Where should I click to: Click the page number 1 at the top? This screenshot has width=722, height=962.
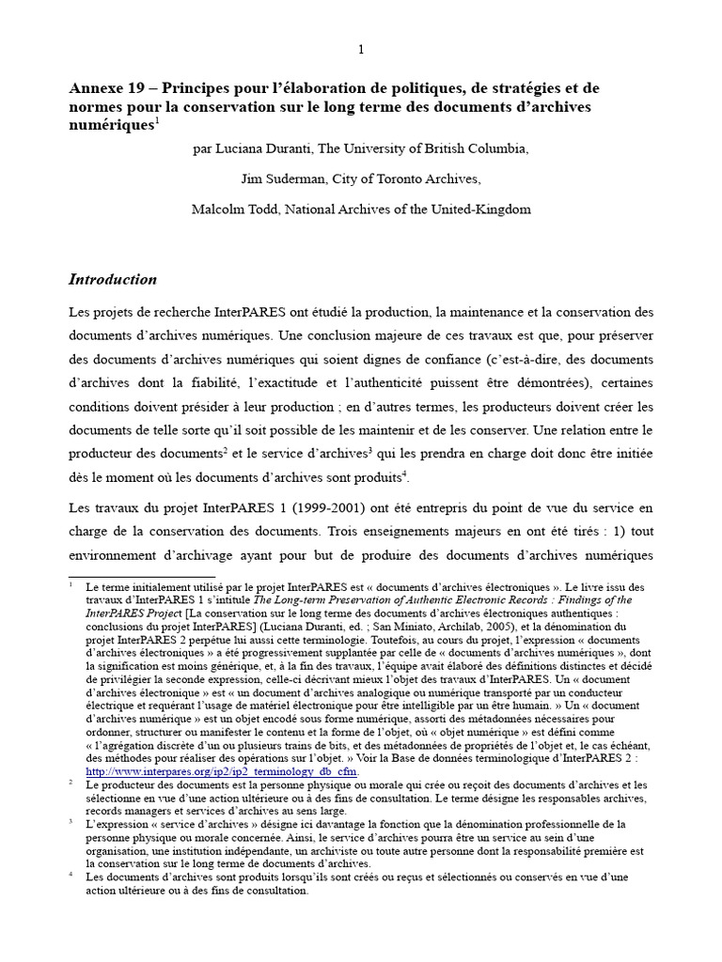(360, 49)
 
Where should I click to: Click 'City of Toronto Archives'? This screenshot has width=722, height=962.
(409, 178)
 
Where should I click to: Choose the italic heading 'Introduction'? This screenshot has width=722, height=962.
(113, 279)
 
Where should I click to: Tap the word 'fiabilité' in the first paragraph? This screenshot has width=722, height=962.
(252, 383)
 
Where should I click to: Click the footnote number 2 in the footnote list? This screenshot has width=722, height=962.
(71, 784)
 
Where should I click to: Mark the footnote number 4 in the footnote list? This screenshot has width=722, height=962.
(71, 876)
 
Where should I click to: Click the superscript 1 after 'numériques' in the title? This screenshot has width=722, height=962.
(157, 120)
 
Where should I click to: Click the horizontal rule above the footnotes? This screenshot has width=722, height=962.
(142, 577)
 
